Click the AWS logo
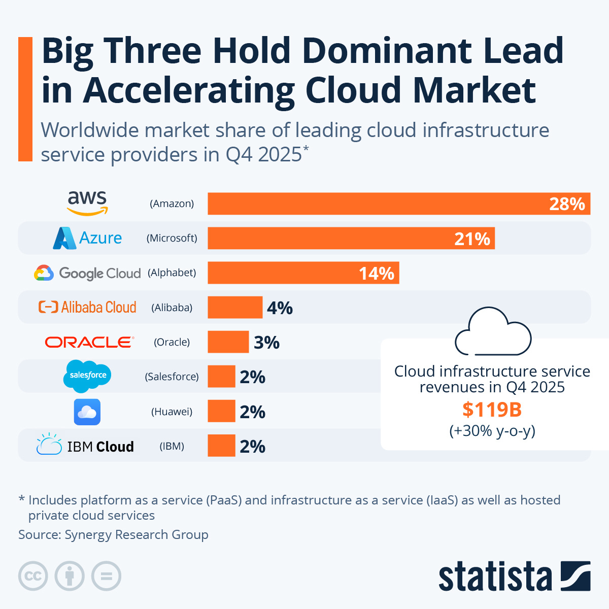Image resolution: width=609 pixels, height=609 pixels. pos(87,203)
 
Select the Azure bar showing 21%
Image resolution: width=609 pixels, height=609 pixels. pos(350,238)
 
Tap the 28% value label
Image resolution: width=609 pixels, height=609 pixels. pos(567,204)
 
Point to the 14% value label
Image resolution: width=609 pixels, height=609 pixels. pos(376,274)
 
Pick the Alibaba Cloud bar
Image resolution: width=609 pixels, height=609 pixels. pos(235,308)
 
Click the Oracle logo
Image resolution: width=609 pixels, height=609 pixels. pos(89,342)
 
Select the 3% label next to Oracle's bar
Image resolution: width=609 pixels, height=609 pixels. pos(266,343)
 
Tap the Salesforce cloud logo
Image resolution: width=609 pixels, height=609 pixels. pos(88,376)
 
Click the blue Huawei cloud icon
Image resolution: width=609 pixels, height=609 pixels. pos(87,412)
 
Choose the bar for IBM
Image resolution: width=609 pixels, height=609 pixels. pos(221,446)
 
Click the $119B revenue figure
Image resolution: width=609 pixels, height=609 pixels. pos(492,409)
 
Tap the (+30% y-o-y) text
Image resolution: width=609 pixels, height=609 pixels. pos(492,431)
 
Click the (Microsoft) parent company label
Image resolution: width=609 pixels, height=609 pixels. pos(172,238)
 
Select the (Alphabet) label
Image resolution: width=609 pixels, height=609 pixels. pos(172,273)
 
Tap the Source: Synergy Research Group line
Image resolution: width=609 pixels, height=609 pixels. pos(113,534)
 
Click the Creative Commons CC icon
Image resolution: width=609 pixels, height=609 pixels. pos(33,576)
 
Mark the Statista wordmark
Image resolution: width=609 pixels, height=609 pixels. pos(495,577)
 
